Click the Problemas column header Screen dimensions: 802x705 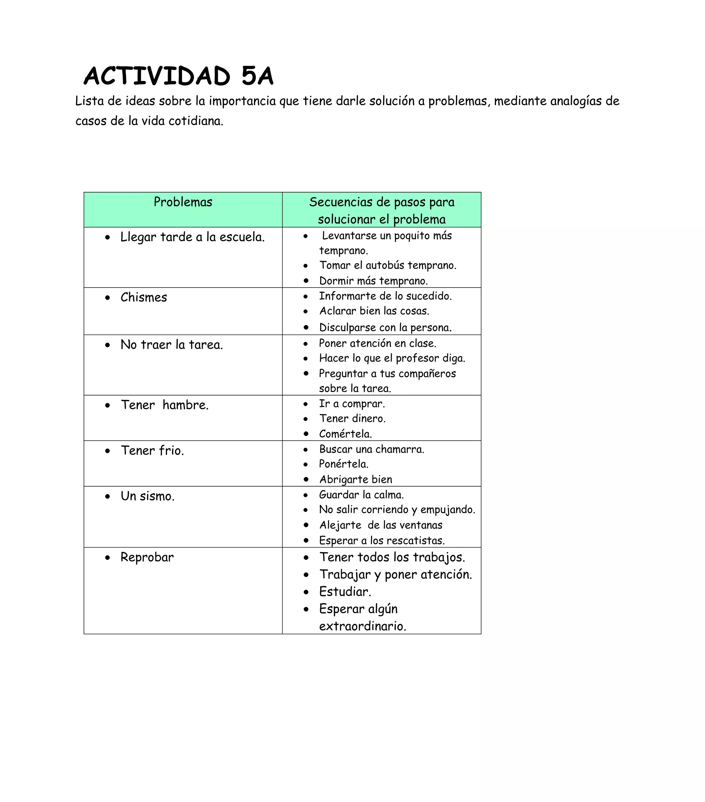point(183,202)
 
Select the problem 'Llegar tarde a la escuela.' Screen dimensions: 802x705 point(192,237)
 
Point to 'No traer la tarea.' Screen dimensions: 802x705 point(172,345)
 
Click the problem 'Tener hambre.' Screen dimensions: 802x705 point(165,405)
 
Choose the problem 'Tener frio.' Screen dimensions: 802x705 point(152,451)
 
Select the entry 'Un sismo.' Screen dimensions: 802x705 point(147,496)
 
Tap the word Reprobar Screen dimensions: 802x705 point(147,557)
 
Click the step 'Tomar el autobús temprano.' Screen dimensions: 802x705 point(388,265)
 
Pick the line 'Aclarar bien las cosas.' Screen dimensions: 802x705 point(374,311)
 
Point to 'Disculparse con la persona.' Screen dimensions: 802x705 point(385,327)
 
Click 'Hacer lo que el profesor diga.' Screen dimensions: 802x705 point(392,358)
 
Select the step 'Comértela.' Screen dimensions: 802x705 point(345,434)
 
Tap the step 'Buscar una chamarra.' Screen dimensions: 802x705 point(371,449)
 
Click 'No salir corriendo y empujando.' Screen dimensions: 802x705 point(397,510)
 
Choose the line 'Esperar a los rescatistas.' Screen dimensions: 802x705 point(382,541)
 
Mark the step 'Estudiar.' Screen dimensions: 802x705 point(345,592)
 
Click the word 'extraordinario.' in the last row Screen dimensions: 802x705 point(362,626)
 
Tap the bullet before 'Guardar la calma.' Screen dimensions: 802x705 point(306,495)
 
